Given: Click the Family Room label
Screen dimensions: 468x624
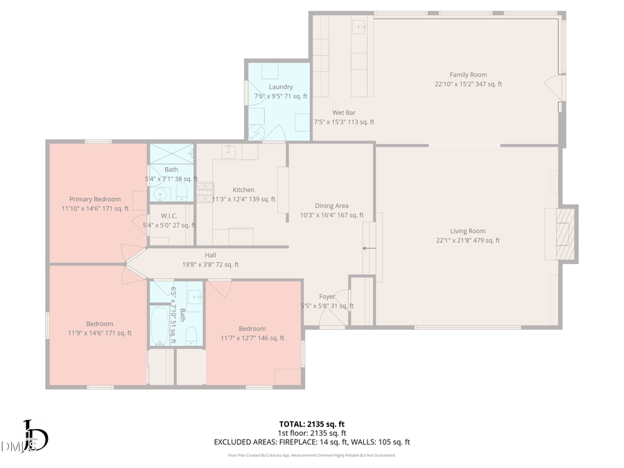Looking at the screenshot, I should point(468,75).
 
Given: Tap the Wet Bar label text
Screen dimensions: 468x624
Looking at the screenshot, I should point(344,112).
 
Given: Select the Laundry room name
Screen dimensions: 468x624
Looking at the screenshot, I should point(281,87).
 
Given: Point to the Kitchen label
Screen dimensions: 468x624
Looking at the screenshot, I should point(243,190).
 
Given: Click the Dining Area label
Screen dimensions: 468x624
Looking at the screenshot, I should point(331,206).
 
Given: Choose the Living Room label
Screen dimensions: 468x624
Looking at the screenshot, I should point(468,232).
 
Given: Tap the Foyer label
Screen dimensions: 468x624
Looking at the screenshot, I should point(327,297).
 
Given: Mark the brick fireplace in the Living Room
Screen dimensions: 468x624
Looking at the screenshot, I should point(568,234).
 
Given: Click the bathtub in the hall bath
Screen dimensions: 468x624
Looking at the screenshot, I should point(160,326).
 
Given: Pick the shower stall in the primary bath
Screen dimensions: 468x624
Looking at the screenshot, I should point(171,153).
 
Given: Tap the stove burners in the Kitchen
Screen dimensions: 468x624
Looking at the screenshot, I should point(205,191).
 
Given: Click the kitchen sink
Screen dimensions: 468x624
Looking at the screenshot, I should point(230,150).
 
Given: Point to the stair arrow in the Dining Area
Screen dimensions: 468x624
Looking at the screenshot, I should point(369,248).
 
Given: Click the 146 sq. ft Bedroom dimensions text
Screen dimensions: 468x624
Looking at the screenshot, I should point(252,338).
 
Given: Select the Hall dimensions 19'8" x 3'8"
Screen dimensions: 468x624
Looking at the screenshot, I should point(210,264).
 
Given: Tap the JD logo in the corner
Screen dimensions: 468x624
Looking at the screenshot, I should point(31,437).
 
